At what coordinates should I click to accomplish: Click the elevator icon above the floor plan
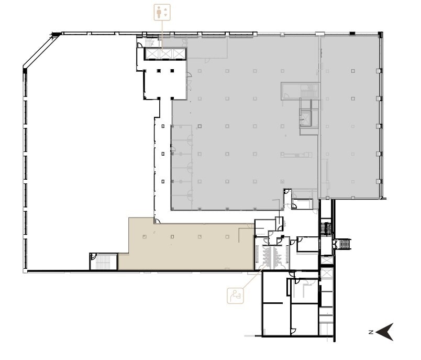[162, 12]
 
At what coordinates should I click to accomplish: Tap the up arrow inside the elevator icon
[165, 9]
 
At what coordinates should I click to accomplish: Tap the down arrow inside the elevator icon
[165, 15]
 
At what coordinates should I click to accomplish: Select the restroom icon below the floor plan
[235, 296]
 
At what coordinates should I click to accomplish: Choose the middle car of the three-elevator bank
[165, 53]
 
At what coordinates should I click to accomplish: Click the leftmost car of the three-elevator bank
[152, 53]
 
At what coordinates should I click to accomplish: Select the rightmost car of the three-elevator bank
[179, 53]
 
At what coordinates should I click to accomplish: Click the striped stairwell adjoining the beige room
[104, 261]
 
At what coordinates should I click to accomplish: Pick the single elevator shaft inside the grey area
[305, 118]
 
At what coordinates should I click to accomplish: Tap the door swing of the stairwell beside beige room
[93, 257]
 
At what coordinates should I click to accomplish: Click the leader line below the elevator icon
[162, 34]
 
